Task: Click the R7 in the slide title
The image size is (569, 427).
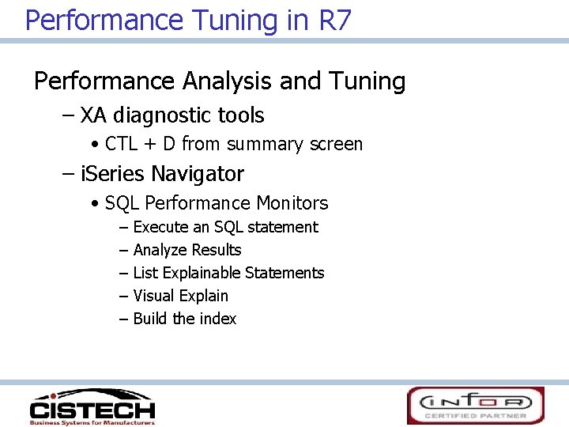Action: (x=335, y=19)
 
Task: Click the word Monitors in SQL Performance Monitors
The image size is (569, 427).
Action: (x=294, y=203)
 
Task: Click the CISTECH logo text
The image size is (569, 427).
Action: (x=92, y=410)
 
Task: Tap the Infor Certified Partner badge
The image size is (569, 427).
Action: (x=476, y=406)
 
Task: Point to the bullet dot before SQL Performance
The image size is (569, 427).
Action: (x=95, y=204)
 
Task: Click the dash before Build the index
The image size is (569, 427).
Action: (x=123, y=319)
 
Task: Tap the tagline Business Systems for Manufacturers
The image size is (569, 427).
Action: (x=92, y=421)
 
